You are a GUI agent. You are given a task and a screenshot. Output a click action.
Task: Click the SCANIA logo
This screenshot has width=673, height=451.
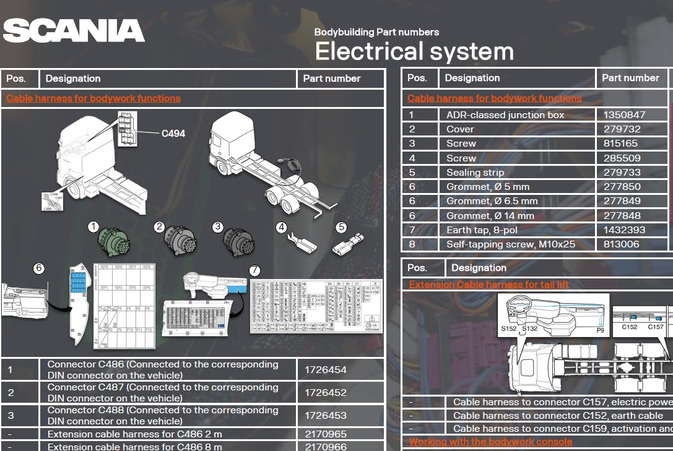74,31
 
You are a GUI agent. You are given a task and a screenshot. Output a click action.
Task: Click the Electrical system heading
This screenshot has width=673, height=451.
414,51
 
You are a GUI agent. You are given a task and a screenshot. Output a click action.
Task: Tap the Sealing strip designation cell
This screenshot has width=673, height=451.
475,173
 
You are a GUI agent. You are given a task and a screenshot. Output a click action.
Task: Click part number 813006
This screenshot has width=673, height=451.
622,244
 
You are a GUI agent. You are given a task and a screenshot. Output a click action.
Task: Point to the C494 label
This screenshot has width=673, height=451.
173,133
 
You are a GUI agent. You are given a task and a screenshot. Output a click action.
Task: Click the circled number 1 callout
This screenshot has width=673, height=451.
93,227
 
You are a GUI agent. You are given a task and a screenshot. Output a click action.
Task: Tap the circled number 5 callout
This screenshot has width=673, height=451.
341,227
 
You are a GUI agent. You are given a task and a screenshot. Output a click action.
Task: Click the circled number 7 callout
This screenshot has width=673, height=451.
254,270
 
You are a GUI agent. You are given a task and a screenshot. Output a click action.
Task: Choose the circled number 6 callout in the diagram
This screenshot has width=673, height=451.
39,268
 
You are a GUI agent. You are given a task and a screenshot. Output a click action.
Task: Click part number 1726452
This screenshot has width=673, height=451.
325,393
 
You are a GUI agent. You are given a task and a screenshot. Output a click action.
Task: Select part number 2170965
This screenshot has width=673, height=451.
325,434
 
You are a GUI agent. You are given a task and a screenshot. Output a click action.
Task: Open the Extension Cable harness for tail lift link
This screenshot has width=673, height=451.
488,285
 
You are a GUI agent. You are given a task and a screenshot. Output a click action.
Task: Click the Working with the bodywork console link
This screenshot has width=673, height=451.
490,442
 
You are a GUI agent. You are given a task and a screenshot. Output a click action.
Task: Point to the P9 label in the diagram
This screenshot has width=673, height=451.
600,330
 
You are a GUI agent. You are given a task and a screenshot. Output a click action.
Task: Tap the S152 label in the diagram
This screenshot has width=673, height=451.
508,329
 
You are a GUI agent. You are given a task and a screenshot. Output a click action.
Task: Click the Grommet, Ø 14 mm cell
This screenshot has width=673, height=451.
490,216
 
